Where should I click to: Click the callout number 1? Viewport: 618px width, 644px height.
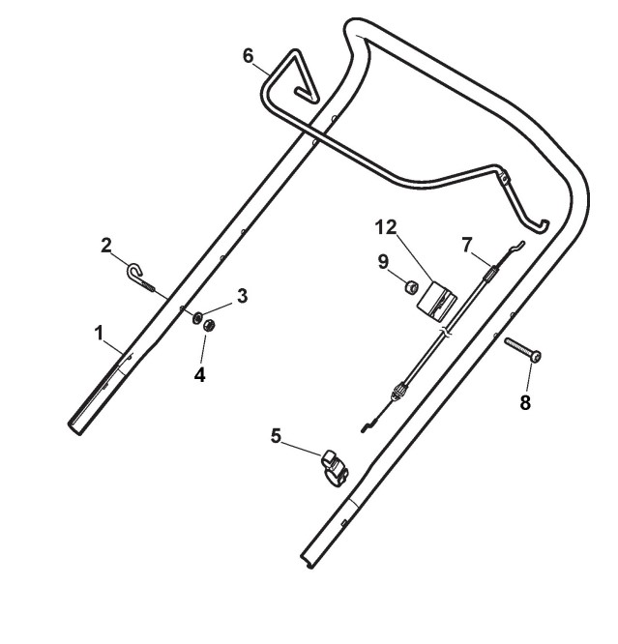tap(99, 333)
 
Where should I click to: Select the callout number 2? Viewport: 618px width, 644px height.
tap(107, 245)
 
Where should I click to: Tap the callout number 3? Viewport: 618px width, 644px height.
tap(242, 296)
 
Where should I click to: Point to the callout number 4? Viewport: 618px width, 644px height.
tap(200, 374)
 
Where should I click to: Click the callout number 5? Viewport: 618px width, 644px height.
tap(277, 436)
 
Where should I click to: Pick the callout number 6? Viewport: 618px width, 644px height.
tap(249, 56)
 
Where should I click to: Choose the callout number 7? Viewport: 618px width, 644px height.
tap(467, 245)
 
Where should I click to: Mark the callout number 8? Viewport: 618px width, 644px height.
tap(525, 403)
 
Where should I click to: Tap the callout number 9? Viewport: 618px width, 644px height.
tap(384, 260)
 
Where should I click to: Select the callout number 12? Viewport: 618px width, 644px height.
tap(387, 227)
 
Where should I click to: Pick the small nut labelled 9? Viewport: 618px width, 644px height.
tap(410, 286)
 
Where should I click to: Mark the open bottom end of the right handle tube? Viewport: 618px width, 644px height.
tap(308, 562)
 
